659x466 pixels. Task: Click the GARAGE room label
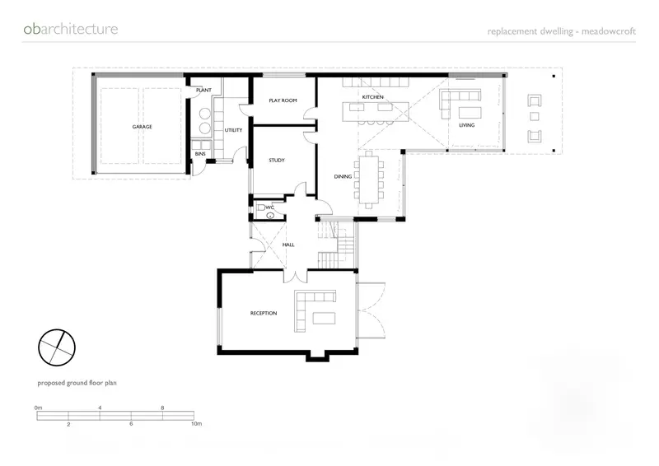coord(142,127)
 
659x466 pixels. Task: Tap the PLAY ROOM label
coord(283,100)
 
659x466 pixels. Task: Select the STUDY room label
coord(277,160)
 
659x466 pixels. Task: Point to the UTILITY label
coord(233,130)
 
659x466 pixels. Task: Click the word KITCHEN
coord(373,97)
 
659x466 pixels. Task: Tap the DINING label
coord(343,176)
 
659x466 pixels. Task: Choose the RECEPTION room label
coord(264,313)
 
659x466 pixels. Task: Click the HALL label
coord(288,245)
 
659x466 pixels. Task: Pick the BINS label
coord(200,154)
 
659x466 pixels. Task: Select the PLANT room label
coord(203,91)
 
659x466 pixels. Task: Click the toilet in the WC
coord(261,207)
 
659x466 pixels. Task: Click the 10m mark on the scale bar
coord(196,423)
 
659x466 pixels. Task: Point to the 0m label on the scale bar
coord(38,408)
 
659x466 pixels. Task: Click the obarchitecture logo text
coord(71,29)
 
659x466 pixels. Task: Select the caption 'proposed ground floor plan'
coord(77,383)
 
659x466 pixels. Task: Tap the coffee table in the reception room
coord(325,318)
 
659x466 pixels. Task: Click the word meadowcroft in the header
coord(609,31)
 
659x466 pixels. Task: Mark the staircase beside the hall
coord(336,245)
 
